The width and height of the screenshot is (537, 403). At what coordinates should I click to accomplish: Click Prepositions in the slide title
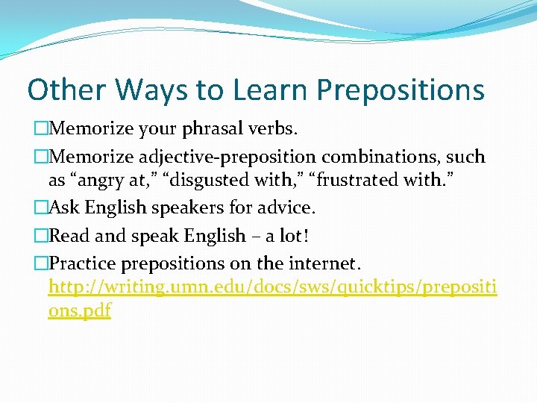[x=401, y=90]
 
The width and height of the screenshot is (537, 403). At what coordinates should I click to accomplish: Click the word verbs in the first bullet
[x=274, y=129]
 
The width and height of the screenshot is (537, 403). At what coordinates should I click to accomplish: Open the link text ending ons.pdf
[x=79, y=310]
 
